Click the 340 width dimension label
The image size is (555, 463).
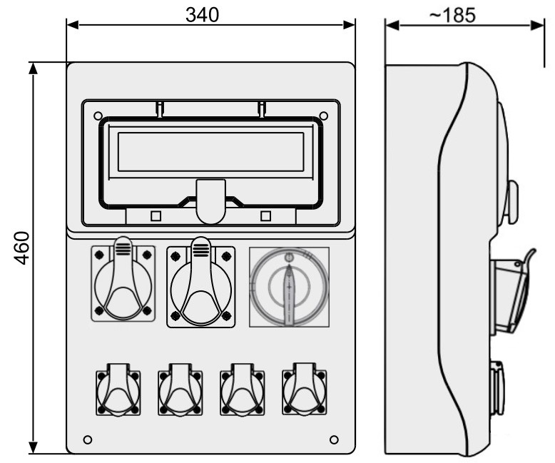pyautogui.click(x=202, y=15)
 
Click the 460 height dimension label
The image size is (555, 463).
pyautogui.click(x=21, y=248)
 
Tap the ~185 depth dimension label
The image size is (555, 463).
pyautogui.click(x=452, y=15)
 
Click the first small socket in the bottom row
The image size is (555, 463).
pyautogui.click(x=118, y=390)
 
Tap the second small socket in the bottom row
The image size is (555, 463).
pyautogui.click(x=180, y=390)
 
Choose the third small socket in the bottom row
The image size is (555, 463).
pyautogui.click(x=243, y=390)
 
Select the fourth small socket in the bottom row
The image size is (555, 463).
pyautogui.click(x=305, y=389)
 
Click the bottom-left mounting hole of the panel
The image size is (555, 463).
pyautogui.click(x=88, y=439)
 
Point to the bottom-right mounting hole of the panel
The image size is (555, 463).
pyautogui.click(x=334, y=439)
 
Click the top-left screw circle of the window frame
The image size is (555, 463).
pyautogui.click(x=98, y=116)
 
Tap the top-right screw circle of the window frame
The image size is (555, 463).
pyautogui.click(x=324, y=116)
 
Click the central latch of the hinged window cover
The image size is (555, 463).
pyautogui.click(x=211, y=201)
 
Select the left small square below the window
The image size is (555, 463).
pyautogui.click(x=156, y=216)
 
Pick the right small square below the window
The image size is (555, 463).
pyautogui.click(x=265, y=216)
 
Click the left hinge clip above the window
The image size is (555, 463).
pyautogui.click(x=160, y=109)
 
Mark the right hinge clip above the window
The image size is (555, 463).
pyautogui.click(x=262, y=109)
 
